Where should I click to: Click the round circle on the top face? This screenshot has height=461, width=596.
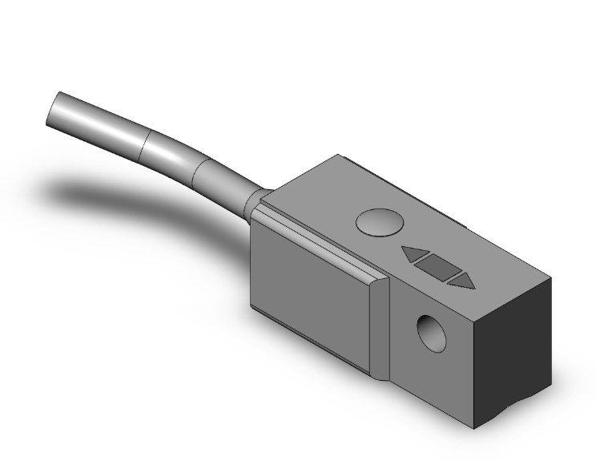(x=377, y=221)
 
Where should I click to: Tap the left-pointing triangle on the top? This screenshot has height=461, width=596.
(x=413, y=255)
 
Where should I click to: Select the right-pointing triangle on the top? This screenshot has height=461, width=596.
(x=461, y=280)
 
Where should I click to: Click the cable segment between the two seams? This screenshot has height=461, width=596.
(x=173, y=156)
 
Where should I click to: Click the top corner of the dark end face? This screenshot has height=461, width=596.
(x=552, y=277)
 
